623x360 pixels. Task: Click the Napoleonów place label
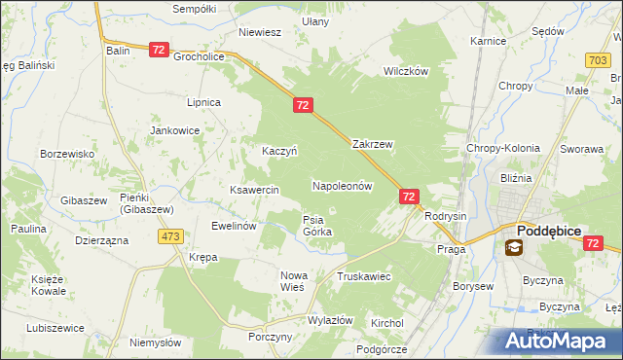(x=343, y=185)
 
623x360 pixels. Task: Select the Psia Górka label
(x=317, y=226)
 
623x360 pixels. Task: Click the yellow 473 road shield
(x=172, y=236)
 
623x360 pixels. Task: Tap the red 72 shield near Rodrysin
(x=409, y=197)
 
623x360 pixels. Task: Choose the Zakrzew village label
(x=372, y=144)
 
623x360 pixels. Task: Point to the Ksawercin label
(x=254, y=190)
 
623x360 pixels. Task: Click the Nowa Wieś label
(x=293, y=281)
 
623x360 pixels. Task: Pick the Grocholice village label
(x=200, y=56)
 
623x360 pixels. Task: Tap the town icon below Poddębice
(x=513, y=247)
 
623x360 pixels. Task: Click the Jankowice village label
(x=174, y=130)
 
